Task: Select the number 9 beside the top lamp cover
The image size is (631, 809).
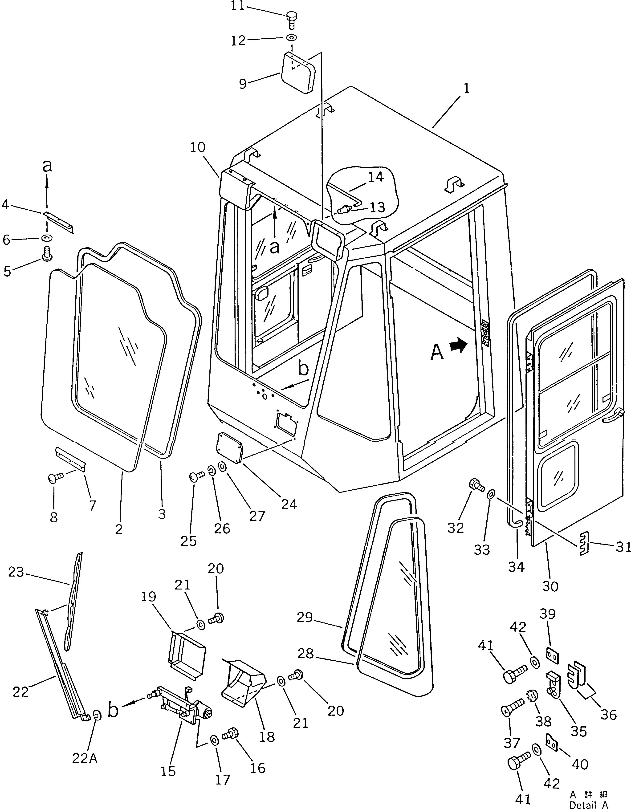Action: point(243,84)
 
